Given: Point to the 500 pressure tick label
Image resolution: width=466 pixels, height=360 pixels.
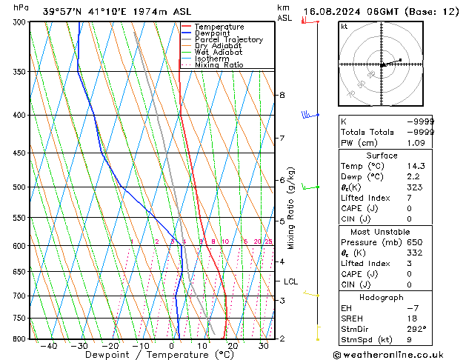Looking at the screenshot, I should click(19, 187).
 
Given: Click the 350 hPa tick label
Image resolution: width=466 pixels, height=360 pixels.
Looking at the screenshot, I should click(19, 72).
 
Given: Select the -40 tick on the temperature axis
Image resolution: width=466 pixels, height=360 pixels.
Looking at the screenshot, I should click(50, 346).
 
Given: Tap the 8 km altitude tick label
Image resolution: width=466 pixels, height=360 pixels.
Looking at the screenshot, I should click(282, 95).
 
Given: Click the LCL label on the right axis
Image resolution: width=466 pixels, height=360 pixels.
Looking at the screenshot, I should click(291, 281).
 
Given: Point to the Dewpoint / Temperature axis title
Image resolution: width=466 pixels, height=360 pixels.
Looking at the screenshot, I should click(150, 355).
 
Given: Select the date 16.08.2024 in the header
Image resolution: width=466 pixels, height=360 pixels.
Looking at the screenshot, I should click(332, 12).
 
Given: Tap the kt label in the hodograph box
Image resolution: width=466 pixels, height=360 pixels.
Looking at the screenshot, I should click(344, 27).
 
